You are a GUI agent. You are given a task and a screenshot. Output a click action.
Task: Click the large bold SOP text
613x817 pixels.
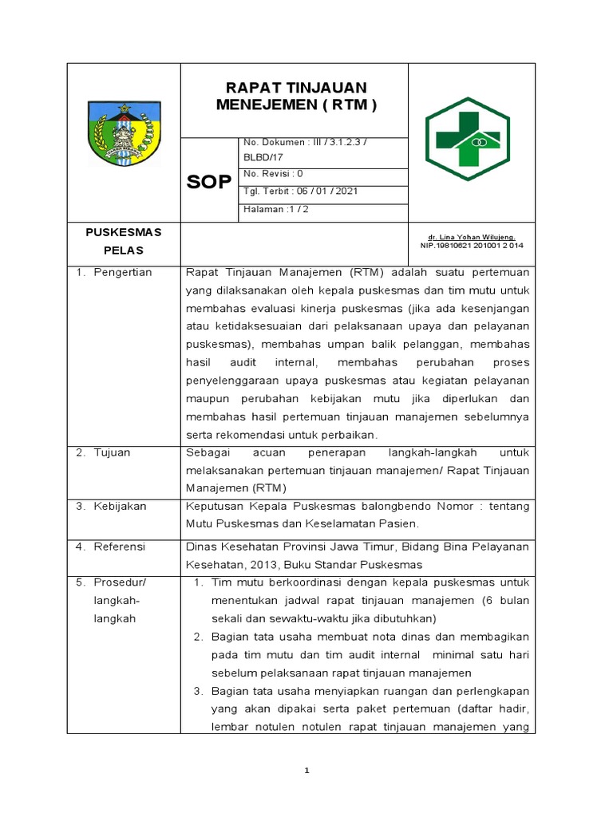209,182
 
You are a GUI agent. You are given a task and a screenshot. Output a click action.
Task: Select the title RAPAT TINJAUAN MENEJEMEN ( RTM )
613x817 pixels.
295,97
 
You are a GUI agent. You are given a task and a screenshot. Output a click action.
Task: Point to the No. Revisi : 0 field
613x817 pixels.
273,173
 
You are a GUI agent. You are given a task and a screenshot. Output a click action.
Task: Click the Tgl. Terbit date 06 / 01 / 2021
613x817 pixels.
289,191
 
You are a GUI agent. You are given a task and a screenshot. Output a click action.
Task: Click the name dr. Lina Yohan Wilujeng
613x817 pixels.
472,237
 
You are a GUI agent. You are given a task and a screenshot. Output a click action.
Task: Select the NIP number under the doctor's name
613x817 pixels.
471,246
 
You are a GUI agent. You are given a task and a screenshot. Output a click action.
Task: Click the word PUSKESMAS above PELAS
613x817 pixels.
124,232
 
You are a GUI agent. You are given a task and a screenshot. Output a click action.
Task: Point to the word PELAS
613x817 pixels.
124,251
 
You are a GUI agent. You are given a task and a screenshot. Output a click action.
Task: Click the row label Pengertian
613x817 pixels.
123,272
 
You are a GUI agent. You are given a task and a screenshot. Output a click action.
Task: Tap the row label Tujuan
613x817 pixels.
114,452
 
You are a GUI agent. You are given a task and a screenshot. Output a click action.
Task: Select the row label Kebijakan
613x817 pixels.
121,506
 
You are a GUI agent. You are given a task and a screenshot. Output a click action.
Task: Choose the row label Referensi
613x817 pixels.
120,547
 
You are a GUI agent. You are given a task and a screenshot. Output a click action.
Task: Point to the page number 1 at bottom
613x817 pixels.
306,771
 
